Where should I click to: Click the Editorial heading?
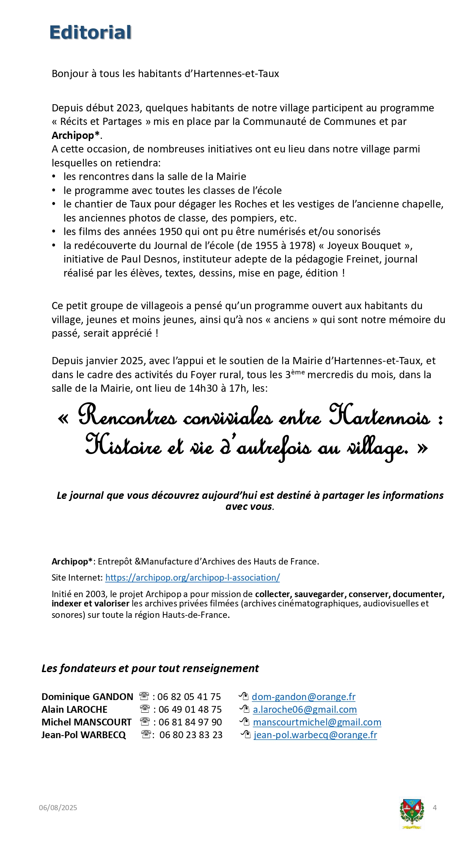coord(90,33)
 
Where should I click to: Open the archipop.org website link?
coord(193,578)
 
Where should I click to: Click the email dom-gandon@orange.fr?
coord(303,697)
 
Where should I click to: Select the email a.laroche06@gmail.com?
coord(305,709)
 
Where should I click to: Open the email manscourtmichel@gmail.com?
coord(317,722)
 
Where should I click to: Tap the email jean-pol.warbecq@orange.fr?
coord(315,735)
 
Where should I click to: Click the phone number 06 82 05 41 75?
coord(189,697)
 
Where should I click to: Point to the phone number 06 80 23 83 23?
coord(191,735)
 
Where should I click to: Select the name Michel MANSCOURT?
coord(86,722)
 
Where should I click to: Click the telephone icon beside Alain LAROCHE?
coord(145,709)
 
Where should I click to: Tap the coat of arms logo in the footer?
coord(411,814)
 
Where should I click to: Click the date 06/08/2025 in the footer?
coord(58,808)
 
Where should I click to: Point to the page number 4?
coord(435,808)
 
